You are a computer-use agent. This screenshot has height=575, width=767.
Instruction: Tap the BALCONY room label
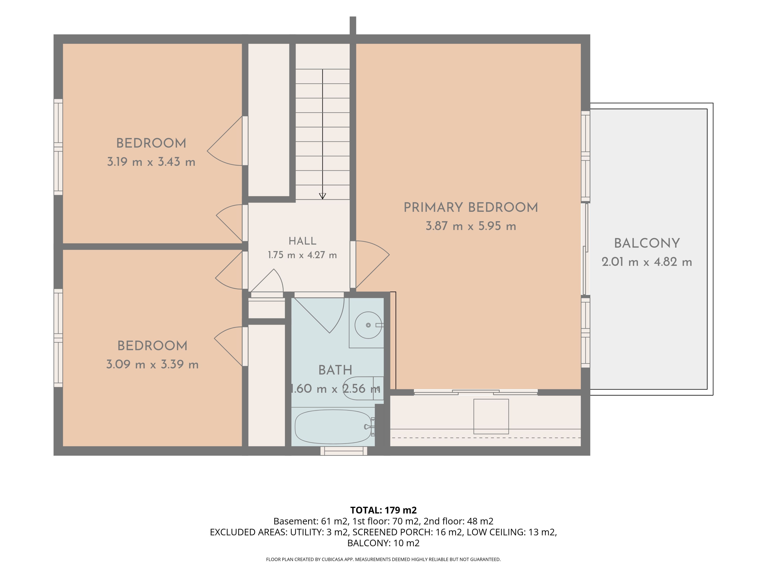(647, 243)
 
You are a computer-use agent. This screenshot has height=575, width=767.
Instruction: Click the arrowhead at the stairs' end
(322, 196)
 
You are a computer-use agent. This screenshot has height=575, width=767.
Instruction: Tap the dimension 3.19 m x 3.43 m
(151, 162)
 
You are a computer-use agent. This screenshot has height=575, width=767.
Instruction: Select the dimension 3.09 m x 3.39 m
(152, 364)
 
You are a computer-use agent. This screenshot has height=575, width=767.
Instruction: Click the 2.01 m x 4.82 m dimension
(647, 262)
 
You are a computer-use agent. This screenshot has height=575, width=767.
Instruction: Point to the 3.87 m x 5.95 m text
(471, 226)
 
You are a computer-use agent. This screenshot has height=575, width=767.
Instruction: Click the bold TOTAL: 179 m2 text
(383, 510)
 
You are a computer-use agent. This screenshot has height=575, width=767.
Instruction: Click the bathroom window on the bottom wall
(344, 451)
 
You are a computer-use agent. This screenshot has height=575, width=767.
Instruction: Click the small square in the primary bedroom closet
(491, 416)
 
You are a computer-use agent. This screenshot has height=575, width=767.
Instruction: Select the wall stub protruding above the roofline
(353, 26)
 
